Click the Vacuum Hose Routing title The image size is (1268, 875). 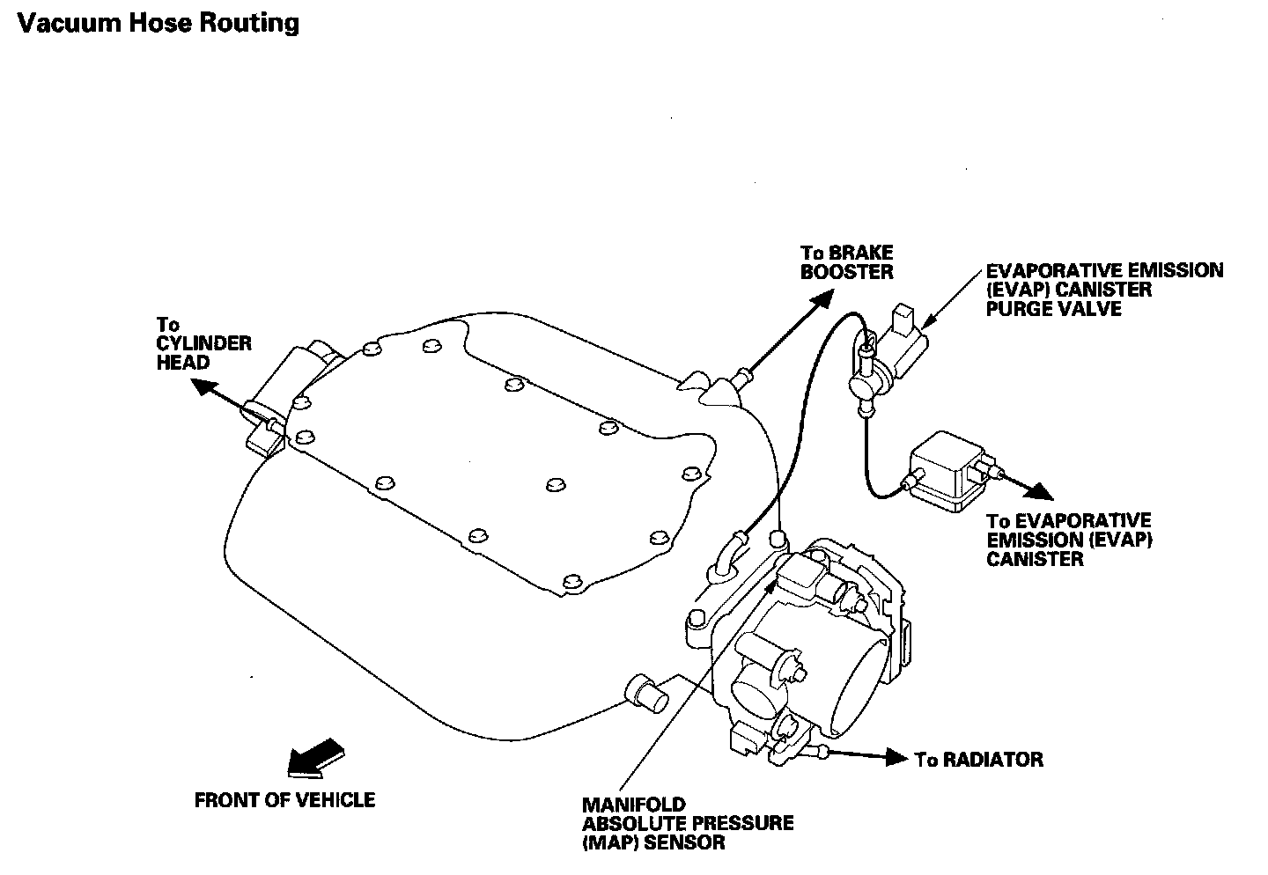point(158,22)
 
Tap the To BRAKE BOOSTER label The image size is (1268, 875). point(846,262)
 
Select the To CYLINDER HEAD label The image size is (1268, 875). point(203,343)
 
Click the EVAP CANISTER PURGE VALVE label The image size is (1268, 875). point(1104,289)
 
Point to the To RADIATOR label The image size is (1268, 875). point(978,760)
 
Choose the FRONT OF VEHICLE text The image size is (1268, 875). point(284,800)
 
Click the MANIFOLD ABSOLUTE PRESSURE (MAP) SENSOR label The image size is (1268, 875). point(687,823)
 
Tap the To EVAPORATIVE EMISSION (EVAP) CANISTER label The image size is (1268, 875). point(1069,540)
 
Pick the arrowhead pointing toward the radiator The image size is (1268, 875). point(896,757)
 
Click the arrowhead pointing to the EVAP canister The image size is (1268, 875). point(1043,491)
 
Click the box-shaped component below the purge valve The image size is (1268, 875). point(949,471)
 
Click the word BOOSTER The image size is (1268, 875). point(846,272)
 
